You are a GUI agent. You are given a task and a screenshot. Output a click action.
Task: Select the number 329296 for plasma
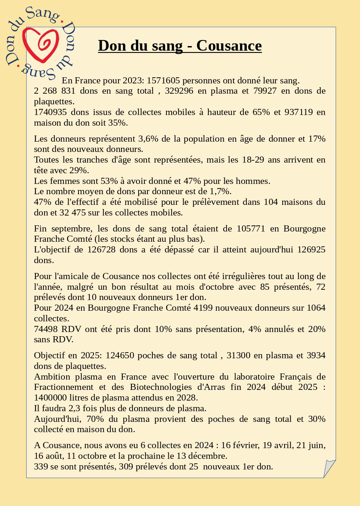point(179,91)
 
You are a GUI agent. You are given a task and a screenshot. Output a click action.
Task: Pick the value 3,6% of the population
point(148,139)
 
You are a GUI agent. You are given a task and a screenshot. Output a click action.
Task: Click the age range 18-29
point(253,160)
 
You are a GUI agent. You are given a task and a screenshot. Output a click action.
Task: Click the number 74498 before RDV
point(46,329)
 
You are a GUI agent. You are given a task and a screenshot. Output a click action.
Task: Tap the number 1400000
point(50,398)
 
